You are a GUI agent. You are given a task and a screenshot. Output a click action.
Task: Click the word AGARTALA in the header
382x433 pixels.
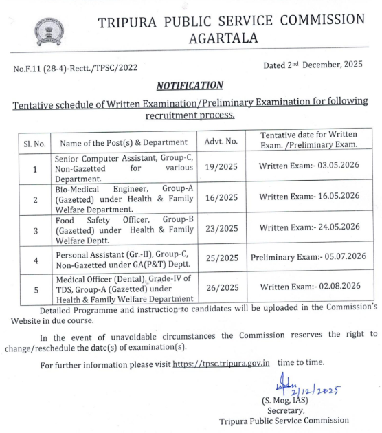pyautogui.click(x=223, y=38)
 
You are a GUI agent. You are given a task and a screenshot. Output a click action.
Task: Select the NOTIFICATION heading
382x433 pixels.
pyautogui.click(x=190, y=85)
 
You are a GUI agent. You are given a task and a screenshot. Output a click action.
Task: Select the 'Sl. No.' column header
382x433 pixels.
pyautogui.click(x=34, y=143)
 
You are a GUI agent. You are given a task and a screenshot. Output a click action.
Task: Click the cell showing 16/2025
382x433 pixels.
pyautogui.click(x=221, y=197)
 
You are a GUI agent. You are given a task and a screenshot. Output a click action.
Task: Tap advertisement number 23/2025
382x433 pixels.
pyautogui.click(x=221, y=227)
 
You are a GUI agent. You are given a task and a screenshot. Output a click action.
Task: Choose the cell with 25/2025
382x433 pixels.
pyautogui.click(x=221, y=258)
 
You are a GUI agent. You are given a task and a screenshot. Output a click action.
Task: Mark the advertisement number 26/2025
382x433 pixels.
pyautogui.click(x=221, y=287)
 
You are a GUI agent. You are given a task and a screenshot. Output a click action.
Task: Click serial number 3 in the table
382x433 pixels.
pyautogui.click(x=34, y=227)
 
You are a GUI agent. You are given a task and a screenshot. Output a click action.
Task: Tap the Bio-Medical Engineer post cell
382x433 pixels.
pyautogui.click(x=124, y=197)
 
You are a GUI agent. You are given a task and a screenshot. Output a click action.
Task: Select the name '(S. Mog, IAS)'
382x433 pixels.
pyautogui.click(x=284, y=400)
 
